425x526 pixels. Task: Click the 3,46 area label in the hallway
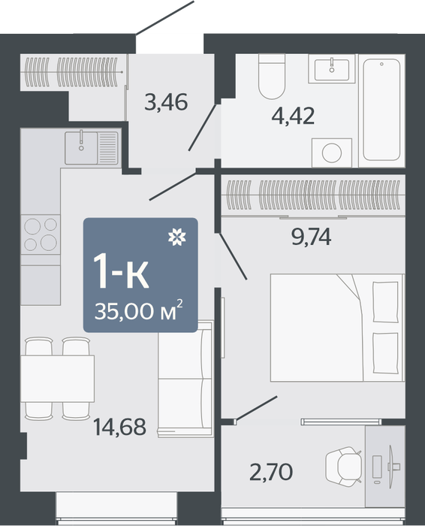(x=166, y=102)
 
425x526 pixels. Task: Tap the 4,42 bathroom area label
(x=294, y=116)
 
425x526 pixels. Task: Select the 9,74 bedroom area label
(x=312, y=237)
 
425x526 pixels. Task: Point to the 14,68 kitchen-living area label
(x=119, y=427)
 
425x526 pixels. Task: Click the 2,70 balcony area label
(x=271, y=471)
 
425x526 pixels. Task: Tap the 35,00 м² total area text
(x=139, y=310)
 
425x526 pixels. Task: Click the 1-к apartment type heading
(x=121, y=271)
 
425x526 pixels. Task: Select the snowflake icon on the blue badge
(x=177, y=237)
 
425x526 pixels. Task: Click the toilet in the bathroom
(x=272, y=76)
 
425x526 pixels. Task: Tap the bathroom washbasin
(x=332, y=69)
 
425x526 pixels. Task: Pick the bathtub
(x=381, y=110)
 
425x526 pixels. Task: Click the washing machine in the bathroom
(x=332, y=153)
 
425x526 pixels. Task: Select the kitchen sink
(x=92, y=148)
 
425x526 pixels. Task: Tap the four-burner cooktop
(x=41, y=234)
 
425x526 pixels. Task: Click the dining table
(x=57, y=379)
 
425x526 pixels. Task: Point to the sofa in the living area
(x=185, y=379)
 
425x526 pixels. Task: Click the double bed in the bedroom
(x=337, y=328)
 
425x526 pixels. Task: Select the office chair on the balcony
(x=344, y=467)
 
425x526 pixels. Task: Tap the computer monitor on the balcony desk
(x=391, y=467)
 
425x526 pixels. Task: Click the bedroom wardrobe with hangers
(x=313, y=195)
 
